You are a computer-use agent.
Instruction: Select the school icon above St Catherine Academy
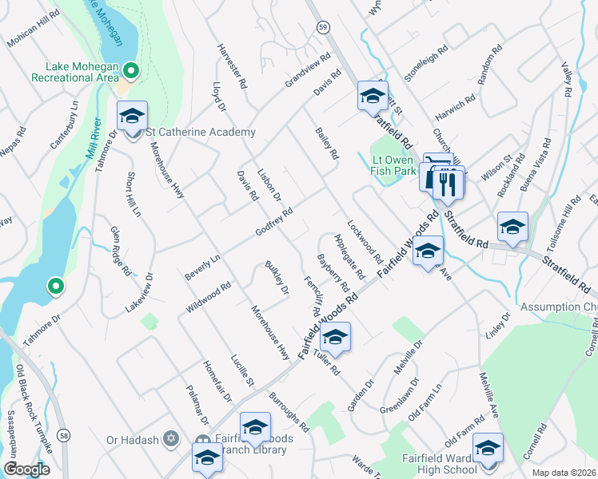coord(132,117)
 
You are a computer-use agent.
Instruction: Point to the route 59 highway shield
coord(321,27)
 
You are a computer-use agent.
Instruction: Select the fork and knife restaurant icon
coord(445,183)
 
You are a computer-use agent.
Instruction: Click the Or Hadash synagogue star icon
coord(169,438)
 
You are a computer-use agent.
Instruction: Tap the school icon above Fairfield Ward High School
coord(487,449)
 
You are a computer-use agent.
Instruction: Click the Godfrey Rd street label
coord(274,222)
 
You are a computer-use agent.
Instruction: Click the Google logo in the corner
coord(26,469)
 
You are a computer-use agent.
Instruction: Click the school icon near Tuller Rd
coord(336,337)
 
